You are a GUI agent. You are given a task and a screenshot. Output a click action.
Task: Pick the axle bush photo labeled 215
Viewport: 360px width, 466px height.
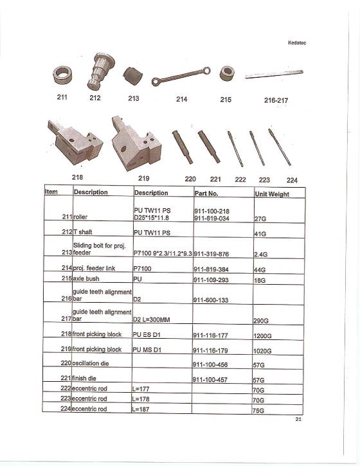pyautogui.click(x=226, y=73)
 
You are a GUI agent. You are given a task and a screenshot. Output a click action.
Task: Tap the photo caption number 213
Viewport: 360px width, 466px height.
pyautogui.click(x=133, y=98)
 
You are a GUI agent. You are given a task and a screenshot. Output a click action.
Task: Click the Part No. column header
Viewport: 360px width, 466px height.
pyautogui.click(x=206, y=193)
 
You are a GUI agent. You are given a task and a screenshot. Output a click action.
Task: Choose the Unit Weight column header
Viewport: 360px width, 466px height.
pyautogui.click(x=272, y=194)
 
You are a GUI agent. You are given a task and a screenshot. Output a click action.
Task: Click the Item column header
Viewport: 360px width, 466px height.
pyautogui.click(x=51, y=192)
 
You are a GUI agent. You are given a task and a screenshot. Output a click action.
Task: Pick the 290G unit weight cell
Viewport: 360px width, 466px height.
pyautogui.click(x=262, y=320)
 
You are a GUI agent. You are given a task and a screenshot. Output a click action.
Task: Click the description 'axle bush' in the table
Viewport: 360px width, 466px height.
pyautogui.click(x=88, y=280)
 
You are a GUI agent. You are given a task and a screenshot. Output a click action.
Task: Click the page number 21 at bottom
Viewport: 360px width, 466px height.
pyautogui.click(x=298, y=420)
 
